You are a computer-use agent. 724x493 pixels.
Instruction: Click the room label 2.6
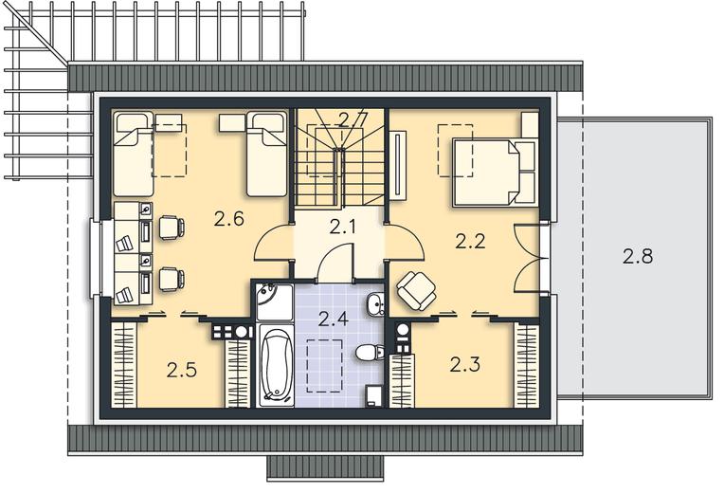229,219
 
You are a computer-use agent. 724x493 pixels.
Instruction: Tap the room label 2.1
343,227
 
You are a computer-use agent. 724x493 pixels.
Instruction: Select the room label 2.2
470,241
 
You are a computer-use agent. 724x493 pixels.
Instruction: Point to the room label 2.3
465,365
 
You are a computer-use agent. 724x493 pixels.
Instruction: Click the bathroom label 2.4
334,319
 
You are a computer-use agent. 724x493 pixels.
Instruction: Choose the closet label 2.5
182,370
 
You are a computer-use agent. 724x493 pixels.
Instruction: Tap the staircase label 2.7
353,119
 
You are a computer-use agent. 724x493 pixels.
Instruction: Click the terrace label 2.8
637,256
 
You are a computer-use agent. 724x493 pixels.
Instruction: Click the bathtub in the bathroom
276,365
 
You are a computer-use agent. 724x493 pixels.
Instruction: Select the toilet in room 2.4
371,353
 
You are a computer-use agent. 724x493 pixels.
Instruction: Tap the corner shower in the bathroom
274,302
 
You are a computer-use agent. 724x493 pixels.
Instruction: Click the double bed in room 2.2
495,172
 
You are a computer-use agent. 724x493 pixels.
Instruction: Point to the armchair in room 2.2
416,290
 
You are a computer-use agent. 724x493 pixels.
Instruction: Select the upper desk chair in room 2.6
172,228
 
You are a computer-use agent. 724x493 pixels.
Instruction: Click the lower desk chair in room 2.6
172,280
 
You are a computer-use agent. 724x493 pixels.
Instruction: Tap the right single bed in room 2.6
266,154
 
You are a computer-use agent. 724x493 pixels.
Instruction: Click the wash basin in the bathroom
376,305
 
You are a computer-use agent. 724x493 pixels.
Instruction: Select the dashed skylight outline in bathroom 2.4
325,366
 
